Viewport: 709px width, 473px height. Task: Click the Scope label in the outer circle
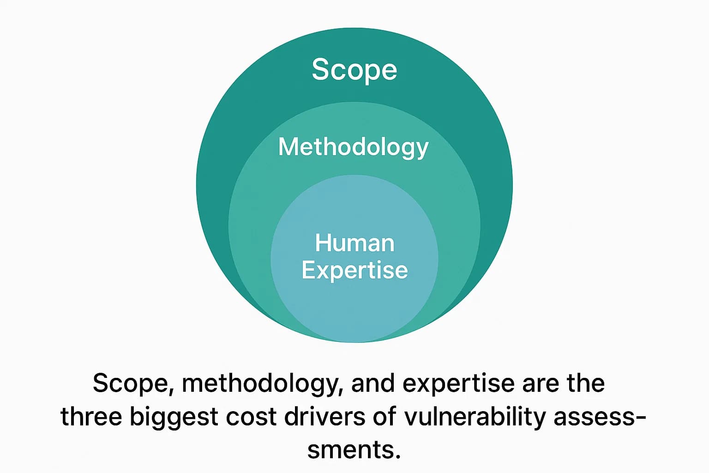[x=354, y=70]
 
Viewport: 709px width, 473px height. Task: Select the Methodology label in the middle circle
[x=354, y=147]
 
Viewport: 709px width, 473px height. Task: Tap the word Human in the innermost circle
[x=354, y=243]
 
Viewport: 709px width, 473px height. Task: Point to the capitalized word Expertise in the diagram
[x=354, y=270]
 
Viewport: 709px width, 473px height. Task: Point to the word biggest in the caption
[x=174, y=418]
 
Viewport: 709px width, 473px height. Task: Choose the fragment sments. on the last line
[x=354, y=450]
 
